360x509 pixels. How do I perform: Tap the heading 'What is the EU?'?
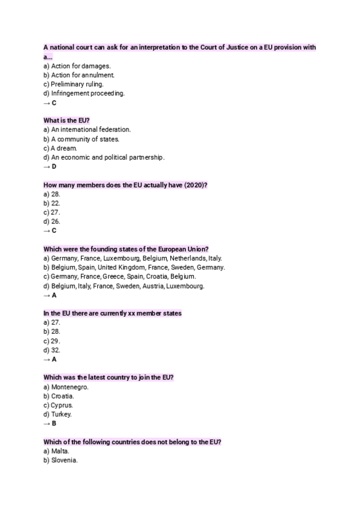(66, 120)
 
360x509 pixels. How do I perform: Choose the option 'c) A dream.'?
(60, 148)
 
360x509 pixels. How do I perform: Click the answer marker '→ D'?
(50, 166)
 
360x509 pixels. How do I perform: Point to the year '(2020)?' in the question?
(196, 185)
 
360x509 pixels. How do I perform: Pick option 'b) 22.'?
(52, 203)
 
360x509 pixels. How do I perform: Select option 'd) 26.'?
(52, 221)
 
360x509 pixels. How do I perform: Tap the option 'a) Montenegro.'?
(66, 387)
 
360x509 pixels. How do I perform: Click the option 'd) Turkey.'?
(58, 414)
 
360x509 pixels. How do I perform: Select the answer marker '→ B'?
(50, 423)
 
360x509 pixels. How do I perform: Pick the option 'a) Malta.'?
(56, 451)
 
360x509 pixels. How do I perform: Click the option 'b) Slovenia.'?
(61, 460)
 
